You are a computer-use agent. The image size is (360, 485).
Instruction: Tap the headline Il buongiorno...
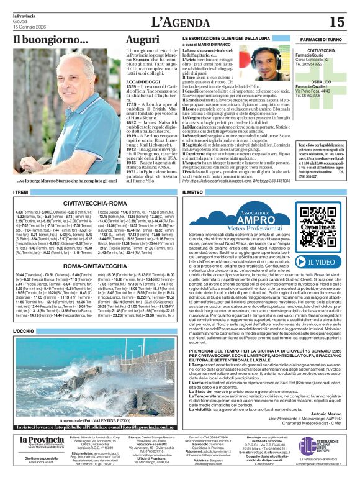(52, 40)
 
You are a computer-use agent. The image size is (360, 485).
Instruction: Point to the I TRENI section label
(20, 193)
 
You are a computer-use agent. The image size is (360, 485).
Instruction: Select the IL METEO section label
(192, 193)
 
